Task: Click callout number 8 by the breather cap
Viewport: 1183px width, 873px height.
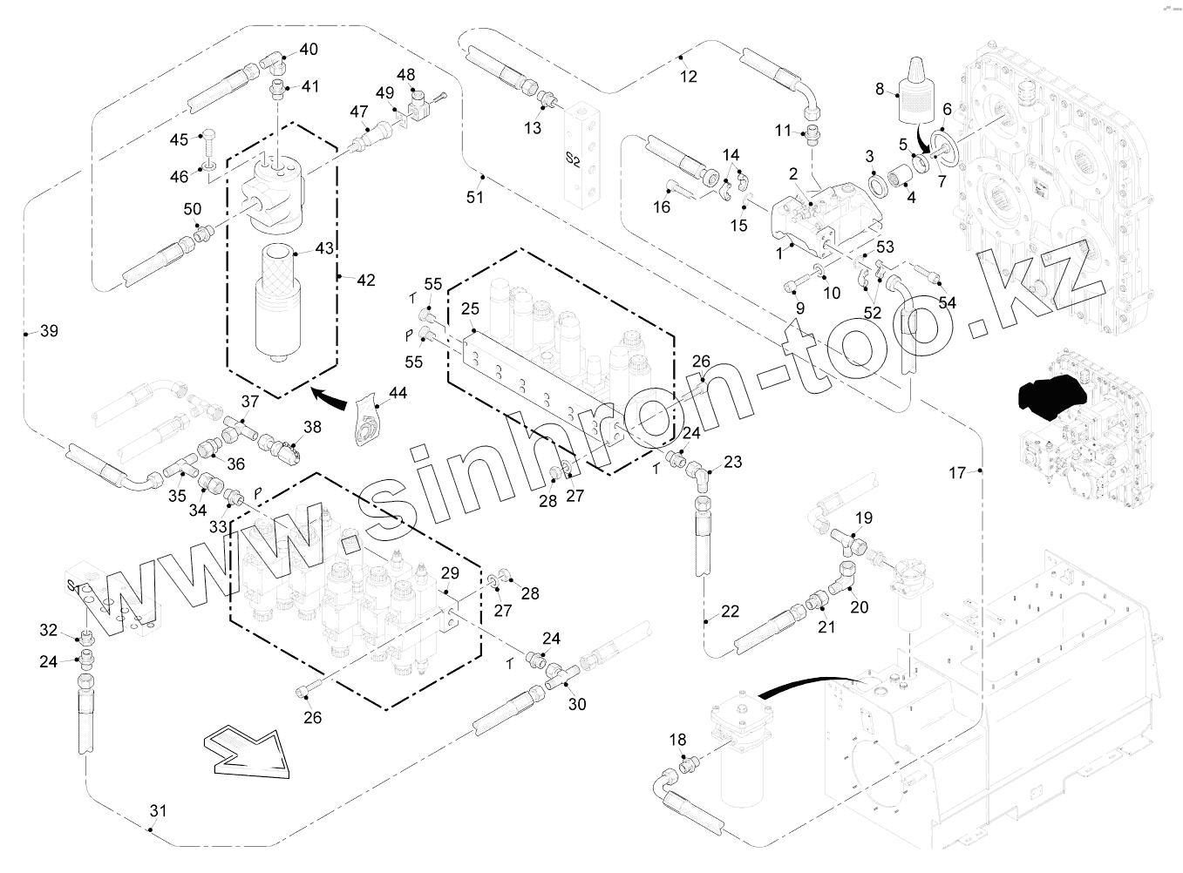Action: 880,88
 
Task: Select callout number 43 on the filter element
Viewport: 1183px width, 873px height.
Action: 324,248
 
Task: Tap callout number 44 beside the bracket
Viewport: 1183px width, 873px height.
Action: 398,394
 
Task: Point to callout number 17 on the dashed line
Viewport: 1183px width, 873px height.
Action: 957,473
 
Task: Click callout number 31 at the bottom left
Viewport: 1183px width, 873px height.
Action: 157,811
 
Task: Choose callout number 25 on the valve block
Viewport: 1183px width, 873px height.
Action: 471,309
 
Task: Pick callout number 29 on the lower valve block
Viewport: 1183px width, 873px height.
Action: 449,572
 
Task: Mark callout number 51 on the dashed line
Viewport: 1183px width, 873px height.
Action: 474,197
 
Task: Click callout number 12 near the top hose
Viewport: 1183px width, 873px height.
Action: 689,76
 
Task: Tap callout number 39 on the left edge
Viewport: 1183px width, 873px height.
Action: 50,331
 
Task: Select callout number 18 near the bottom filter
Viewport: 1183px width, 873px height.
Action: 677,741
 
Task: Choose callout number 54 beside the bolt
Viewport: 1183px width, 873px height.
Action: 948,301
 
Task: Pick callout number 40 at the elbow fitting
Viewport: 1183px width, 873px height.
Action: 309,50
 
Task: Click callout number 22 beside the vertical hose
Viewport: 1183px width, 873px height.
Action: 730,612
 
